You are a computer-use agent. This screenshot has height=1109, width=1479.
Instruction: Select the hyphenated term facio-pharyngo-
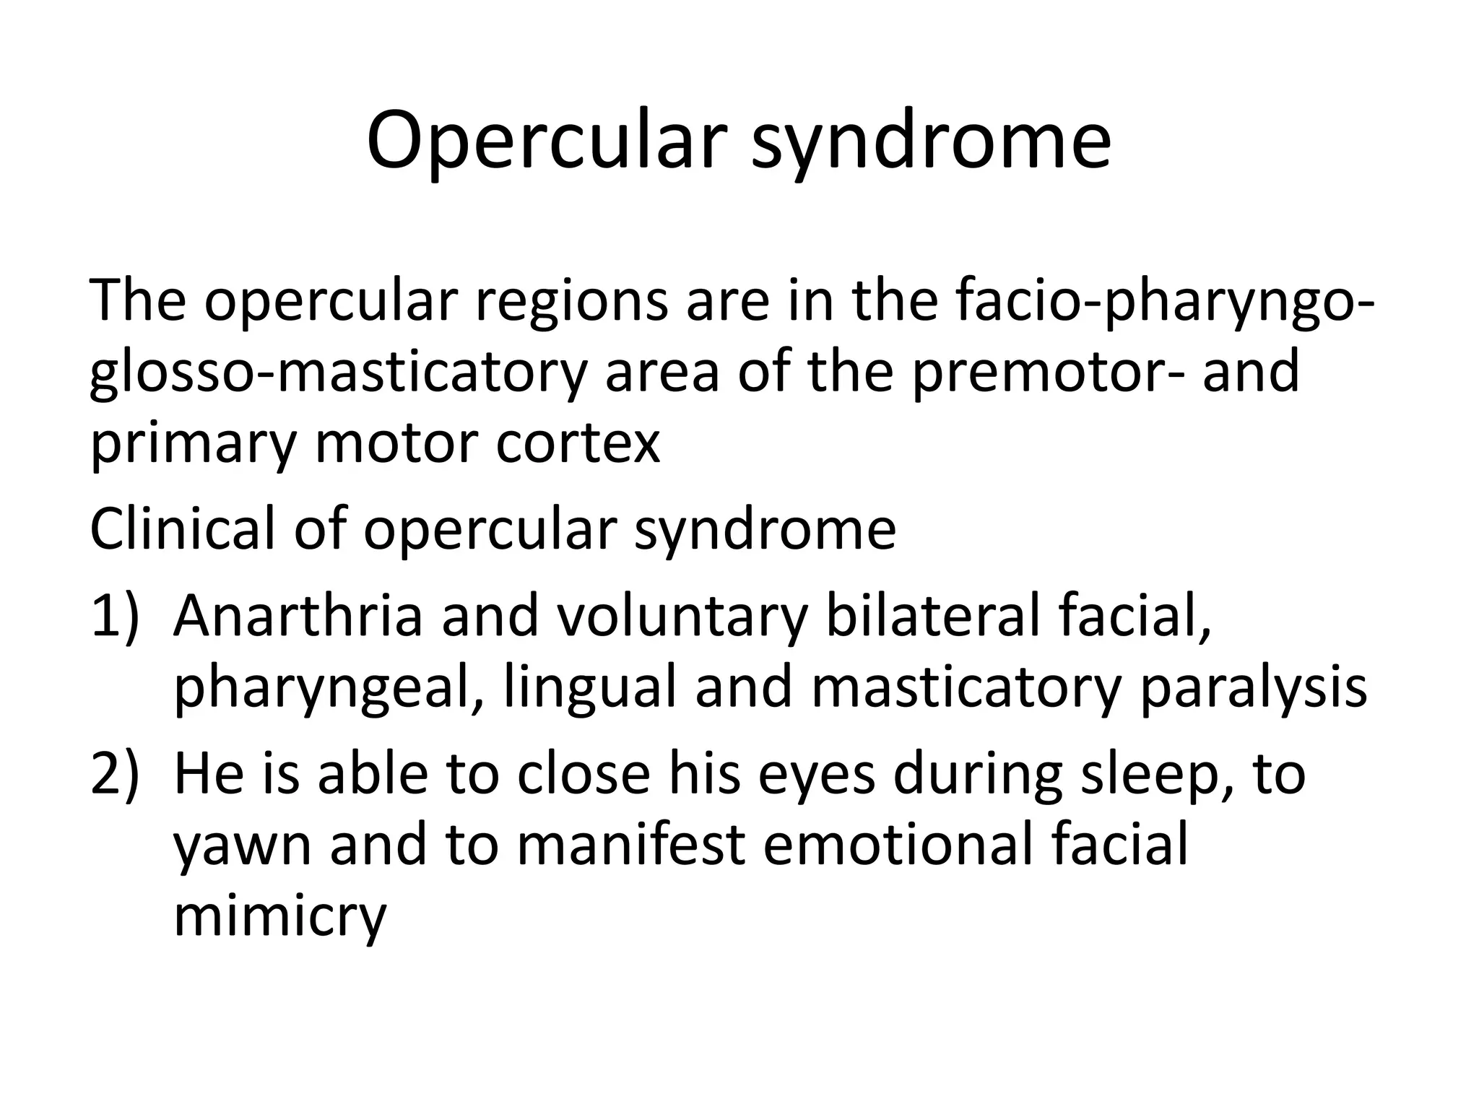[x=1163, y=302]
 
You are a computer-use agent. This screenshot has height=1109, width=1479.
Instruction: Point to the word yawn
[x=242, y=847]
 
